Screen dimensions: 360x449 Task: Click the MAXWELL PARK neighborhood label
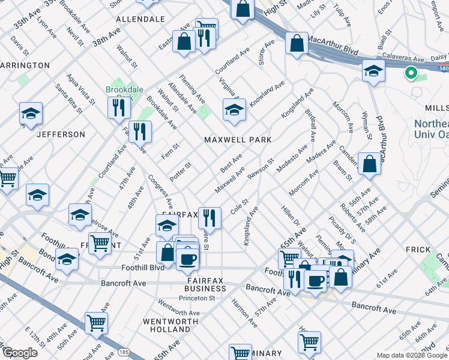click(238, 140)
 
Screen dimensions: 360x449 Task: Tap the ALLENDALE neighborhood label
click(140, 19)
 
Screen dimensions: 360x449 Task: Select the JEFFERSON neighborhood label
click(61, 134)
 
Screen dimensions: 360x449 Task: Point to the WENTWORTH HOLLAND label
click(166, 325)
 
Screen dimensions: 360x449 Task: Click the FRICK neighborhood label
click(418, 250)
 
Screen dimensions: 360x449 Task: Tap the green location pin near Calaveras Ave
click(411, 74)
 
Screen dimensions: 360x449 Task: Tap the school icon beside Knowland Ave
click(234, 110)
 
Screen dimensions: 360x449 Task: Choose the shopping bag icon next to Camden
click(369, 163)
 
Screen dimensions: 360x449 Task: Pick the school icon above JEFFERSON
click(31, 113)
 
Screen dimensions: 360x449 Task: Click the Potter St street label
click(180, 173)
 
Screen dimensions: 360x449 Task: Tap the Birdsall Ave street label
click(310, 125)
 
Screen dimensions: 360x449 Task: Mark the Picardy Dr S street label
click(343, 231)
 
